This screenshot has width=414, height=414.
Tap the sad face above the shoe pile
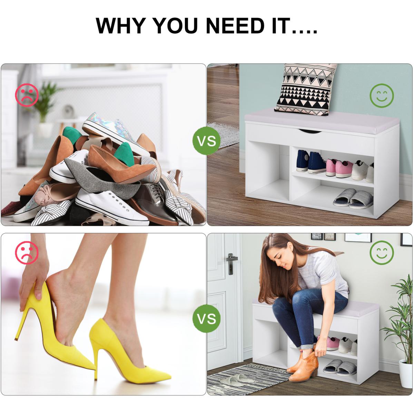point(27,95)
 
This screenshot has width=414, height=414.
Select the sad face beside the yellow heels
point(27,253)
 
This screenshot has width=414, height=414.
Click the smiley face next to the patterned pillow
point(382,95)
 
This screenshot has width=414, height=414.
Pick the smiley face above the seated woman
point(382,253)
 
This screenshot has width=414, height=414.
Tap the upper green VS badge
point(206,141)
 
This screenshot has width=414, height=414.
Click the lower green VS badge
point(206,318)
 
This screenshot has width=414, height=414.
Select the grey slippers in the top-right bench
point(353,198)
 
